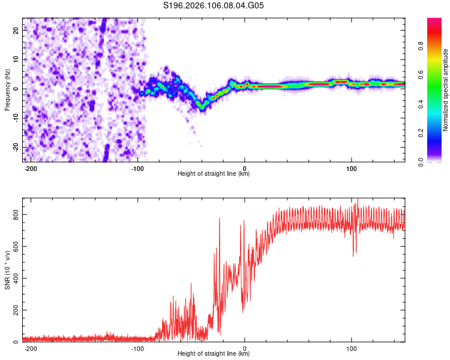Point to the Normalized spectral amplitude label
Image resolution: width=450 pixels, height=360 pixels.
[446, 90]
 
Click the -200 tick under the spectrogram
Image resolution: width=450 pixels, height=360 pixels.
[31, 169]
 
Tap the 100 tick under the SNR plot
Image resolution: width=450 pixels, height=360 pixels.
[351, 348]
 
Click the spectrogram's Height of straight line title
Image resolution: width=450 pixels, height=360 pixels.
[214, 174]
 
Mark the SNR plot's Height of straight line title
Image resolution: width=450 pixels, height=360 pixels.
[214, 353]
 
